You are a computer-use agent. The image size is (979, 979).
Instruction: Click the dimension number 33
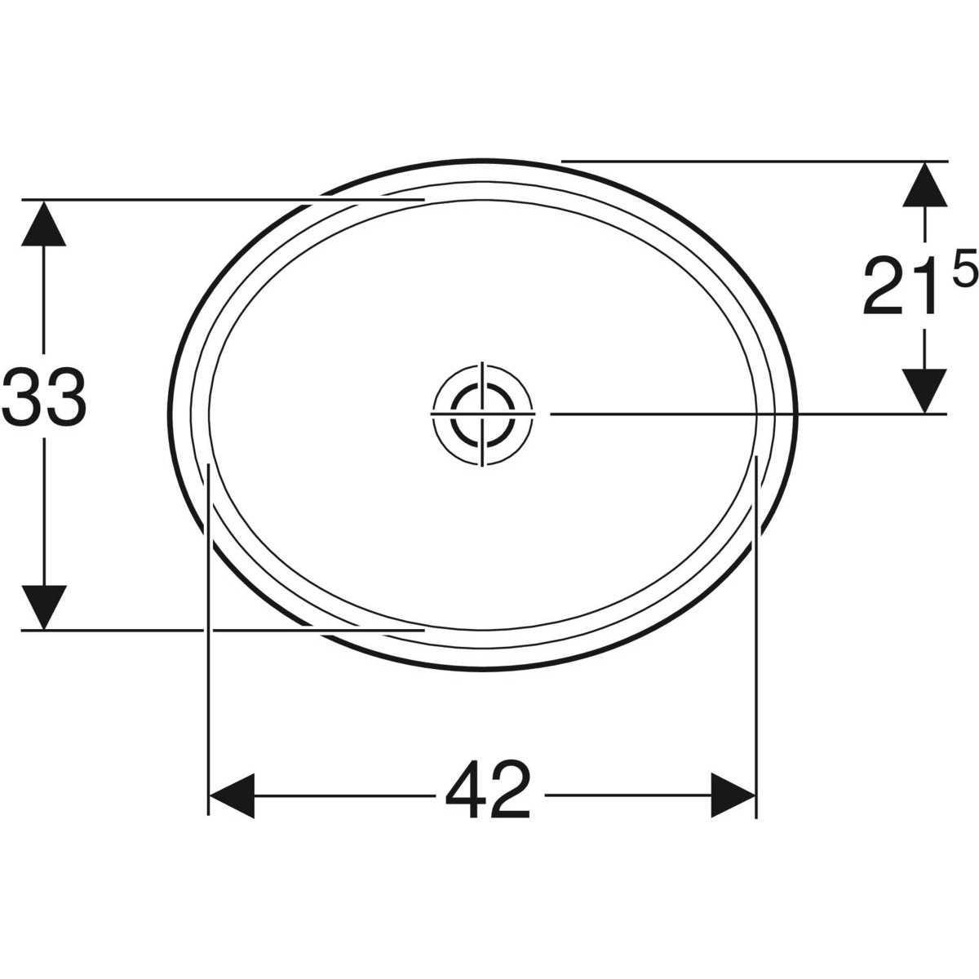point(44,397)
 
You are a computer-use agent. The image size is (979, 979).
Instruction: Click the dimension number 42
point(488,791)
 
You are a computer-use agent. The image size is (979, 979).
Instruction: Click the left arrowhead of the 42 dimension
point(233,795)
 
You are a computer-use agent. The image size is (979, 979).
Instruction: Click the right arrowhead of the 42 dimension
point(733,795)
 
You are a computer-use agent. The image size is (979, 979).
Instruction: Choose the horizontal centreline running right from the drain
point(734,414)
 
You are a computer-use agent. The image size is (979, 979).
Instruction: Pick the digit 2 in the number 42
point(511,791)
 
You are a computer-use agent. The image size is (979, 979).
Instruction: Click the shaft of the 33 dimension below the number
point(44,506)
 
